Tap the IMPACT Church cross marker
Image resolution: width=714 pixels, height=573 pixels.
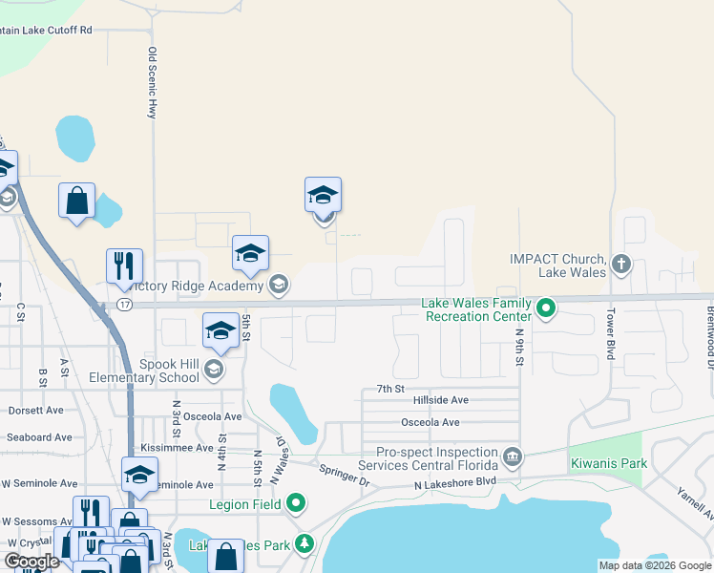(621, 263)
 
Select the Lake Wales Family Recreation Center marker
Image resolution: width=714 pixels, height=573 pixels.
(546, 308)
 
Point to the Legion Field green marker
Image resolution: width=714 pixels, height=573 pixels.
(296, 501)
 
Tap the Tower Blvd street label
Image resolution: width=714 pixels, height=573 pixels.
(609, 333)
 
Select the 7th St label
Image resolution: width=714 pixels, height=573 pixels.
(390, 389)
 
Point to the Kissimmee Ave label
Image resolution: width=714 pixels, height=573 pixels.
(177, 447)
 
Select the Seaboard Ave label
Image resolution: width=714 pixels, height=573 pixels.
(35, 437)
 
